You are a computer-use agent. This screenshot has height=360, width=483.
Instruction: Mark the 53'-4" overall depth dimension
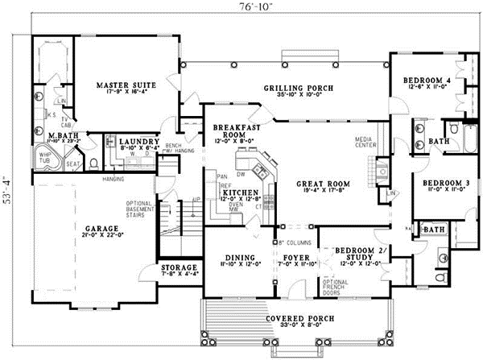click(x=7, y=190)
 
